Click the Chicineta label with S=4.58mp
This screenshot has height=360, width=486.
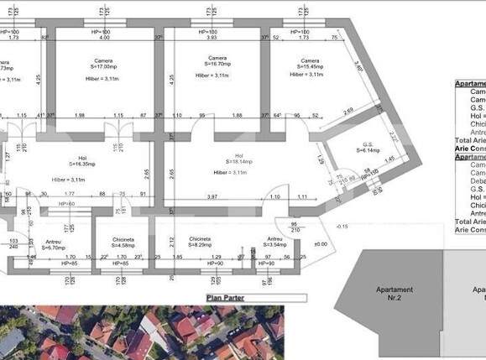tap(121, 243)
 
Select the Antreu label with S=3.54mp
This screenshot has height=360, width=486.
tap(275, 243)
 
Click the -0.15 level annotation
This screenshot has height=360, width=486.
tap(342, 227)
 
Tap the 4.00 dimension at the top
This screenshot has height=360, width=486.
tap(104, 38)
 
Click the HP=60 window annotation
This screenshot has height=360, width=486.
tap(67, 204)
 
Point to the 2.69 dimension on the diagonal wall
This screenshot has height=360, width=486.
tap(348, 110)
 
